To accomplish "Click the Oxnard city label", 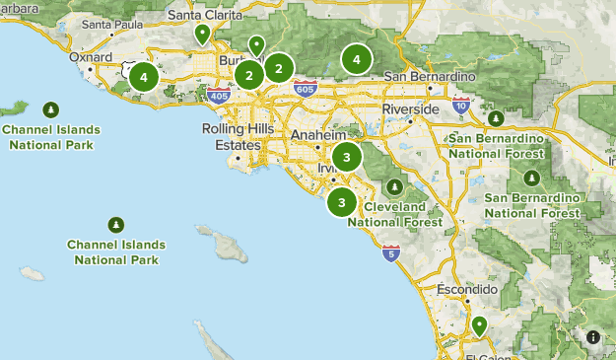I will pos(92,56).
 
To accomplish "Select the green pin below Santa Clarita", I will pos(202,36).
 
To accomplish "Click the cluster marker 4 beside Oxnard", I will pos(144,76).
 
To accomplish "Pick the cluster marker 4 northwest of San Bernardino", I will pos(356,60).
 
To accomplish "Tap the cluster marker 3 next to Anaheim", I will pos(346,157).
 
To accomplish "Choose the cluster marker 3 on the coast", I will pos(342,202).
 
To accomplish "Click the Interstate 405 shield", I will pos(219,96).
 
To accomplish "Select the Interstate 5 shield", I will pos(392,254).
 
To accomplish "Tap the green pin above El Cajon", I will pos(479,325).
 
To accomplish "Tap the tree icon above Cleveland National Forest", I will pos(395,186).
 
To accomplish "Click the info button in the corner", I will pos(593,336).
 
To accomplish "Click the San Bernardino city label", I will pos(430,76).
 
